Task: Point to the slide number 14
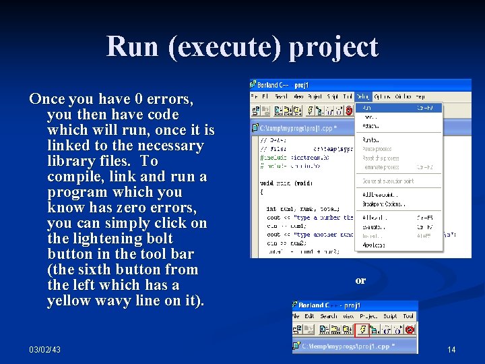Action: pos(451,349)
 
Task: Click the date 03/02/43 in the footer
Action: pos(44,349)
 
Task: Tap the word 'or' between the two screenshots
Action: pos(360,280)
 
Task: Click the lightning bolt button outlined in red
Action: pos(361,330)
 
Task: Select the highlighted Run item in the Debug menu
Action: pos(367,107)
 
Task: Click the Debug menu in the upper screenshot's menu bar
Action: pos(363,96)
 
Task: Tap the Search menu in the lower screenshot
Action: pos(329,316)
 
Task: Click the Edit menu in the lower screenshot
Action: pos(309,316)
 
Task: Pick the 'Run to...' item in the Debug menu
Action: pos(370,140)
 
